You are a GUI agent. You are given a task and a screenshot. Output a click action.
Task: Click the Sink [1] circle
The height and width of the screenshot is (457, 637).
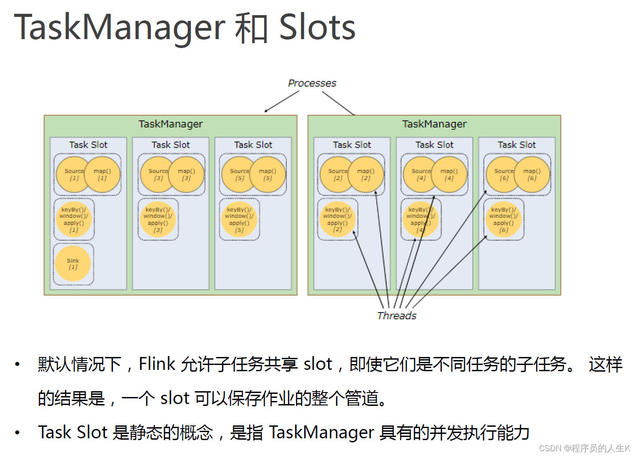tap(73, 264)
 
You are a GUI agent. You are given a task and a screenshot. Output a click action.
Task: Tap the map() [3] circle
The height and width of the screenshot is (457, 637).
tap(187, 174)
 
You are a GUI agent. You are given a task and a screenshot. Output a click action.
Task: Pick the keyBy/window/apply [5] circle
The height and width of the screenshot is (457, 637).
tap(239, 220)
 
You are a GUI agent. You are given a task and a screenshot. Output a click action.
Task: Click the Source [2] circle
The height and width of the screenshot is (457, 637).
tap(335, 174)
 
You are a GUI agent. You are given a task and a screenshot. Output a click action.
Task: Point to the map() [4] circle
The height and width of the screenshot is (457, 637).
tap(449, 174)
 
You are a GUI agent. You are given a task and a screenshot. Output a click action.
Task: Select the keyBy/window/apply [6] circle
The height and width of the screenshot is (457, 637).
tap(504, 220)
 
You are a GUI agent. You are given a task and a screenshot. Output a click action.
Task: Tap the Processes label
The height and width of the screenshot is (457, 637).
tap(312, 83)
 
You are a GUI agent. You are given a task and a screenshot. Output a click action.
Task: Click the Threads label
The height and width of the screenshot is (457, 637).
tap(396, 316)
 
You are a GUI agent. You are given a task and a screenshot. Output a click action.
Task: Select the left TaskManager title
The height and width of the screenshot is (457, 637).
tap(170, 124)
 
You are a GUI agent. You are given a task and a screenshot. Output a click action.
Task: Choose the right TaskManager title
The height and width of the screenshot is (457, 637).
tap(434, 124)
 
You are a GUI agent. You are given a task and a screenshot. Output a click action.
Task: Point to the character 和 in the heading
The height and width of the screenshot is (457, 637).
tap(251, 28)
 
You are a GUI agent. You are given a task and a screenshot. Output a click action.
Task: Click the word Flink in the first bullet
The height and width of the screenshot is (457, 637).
tap(157, 364)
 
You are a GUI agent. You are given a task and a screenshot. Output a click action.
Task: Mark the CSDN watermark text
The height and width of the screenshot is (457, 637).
tap(585, 448)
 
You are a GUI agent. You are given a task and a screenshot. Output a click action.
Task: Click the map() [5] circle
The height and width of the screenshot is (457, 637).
tap(268, 174)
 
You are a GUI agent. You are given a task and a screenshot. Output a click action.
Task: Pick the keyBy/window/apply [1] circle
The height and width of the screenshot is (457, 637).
tap(74, 220)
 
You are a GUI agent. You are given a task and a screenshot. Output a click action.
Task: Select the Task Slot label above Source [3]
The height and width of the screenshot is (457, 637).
tap(170, 144)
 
